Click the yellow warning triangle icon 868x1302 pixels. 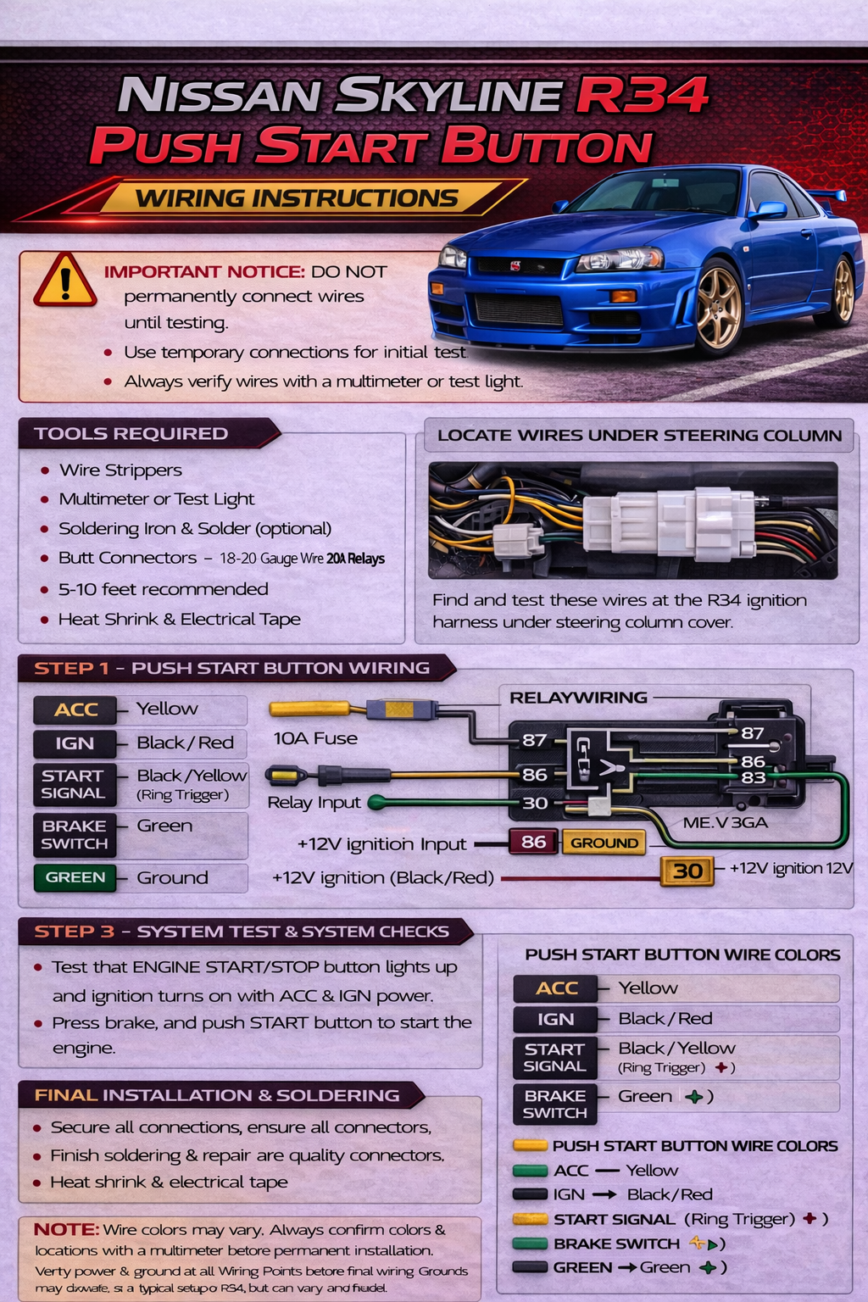coord(64,281)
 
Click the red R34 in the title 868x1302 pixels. coord(642,94)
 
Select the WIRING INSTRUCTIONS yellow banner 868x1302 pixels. coord(297,198)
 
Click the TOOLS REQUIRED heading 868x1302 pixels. coord(131,433)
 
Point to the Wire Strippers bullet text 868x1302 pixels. coord(120,470)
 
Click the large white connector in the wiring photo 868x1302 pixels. coord(670,523)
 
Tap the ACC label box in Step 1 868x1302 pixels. coord(76,709)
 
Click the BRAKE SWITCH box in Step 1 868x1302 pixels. coord(75,834)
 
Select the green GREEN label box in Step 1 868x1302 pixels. coord(75,877)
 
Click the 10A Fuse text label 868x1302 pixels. coord(315,738)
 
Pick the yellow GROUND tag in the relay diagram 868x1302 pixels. coord(604,843)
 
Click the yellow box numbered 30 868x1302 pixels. coord(687,871)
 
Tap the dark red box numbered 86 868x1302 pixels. coord(533,842)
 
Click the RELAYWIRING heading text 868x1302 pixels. coord(578,698)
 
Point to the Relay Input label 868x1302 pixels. coord(314,803)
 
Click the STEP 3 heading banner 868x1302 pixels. coord(242,932)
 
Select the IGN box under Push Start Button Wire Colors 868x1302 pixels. coord(555,1019)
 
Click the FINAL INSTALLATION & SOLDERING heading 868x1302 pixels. coord(217,1095)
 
